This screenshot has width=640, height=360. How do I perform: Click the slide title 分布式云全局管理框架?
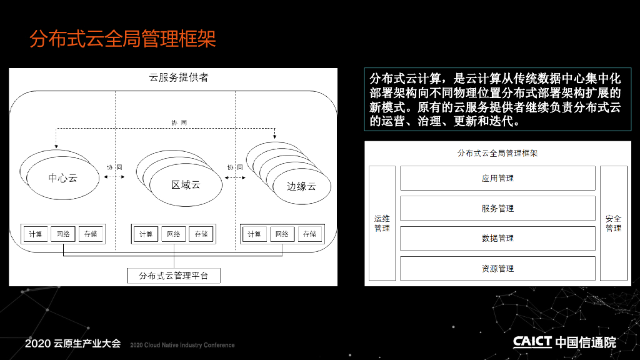[x=122, y=39]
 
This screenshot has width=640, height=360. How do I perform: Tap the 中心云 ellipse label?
[x=63, y=178]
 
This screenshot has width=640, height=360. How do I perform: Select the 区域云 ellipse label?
[x=186, y=184]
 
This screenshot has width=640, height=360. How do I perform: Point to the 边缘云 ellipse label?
[x=301, y=186]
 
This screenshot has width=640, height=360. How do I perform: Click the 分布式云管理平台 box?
[x=174, y=275]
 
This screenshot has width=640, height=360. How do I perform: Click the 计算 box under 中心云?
[x=35, y=234]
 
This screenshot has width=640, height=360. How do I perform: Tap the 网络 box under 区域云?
[x=174, y=234]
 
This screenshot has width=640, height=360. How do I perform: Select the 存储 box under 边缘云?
[x=309, y=234]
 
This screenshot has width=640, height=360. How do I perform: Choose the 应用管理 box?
[x=497, y=178]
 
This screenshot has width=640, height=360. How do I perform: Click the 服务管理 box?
[x=497, y=208]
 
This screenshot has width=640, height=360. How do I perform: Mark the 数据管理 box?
[x=497, y=238]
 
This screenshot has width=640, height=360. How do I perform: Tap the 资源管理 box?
[x=497, y=268]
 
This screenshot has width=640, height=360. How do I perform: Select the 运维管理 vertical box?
[x=382, y=223]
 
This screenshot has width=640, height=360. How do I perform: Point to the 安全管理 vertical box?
[x=613, y=223]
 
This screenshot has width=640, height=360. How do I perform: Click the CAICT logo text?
[x=532, y=341]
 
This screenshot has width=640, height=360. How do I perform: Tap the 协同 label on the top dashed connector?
[x=179, y=122]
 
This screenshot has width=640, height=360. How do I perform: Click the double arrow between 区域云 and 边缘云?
[x=235, y=178]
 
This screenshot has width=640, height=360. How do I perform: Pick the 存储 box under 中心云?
[x=91, y=234]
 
